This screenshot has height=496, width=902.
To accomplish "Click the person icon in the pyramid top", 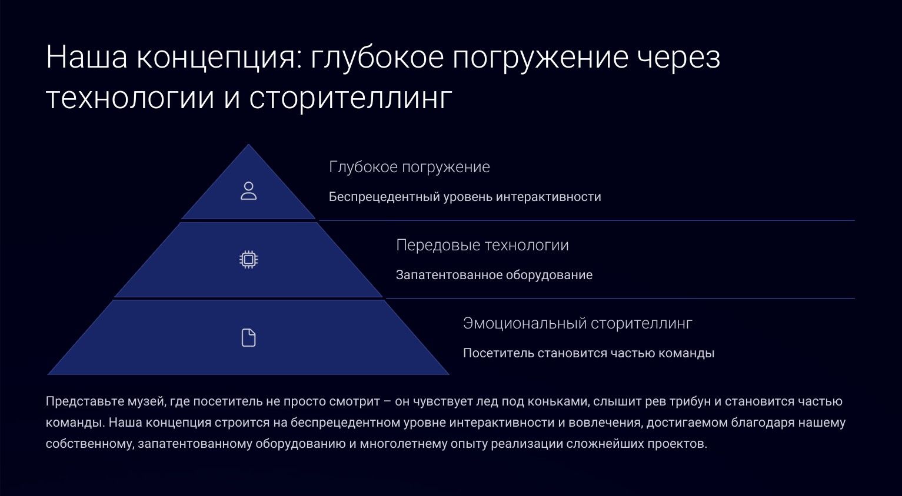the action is click(x=248, y=191).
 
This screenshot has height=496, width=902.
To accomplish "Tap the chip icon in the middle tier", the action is click(x=248, y=260).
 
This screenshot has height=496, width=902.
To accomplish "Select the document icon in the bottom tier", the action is click(x=248, y=338).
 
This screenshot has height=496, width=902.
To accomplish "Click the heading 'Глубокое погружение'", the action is click(x=409, y=167).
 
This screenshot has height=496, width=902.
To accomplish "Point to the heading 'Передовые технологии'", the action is click(x=482, y=245).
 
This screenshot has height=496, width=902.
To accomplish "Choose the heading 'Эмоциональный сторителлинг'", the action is click(x=577, y=323).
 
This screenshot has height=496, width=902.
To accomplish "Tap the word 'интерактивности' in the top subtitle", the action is click(x=548, y=197).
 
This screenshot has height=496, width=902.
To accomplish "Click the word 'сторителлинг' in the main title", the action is click(x=350, y=99).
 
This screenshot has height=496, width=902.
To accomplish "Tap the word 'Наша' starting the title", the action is click(x=86, y=57).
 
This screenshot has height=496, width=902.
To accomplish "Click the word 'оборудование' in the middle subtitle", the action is click(x=549, y=275).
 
